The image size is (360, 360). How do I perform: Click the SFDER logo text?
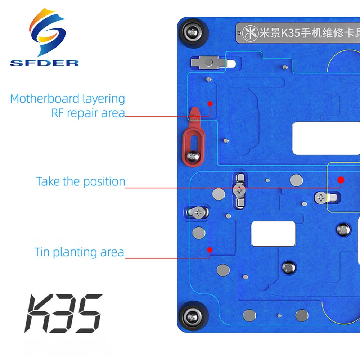pos(44,63)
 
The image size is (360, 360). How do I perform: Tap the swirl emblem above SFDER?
pos(48,32)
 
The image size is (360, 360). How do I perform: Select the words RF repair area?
pos(88,113)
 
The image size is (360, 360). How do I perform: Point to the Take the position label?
pos(81,181)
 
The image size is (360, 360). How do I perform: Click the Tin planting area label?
pos(79,252)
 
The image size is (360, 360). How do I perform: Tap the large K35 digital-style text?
pos(64,314)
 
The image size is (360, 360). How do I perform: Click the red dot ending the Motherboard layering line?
pos(210,104)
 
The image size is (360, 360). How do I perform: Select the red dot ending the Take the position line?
pos(341,180)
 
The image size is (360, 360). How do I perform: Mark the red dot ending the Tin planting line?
pos(210,250)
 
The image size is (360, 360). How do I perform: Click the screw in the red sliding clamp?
pos(193,157)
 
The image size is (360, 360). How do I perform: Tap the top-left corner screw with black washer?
pos(193,32)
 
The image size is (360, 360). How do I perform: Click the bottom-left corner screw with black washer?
pos(193,318)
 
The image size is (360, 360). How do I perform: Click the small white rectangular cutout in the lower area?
pos(273,234)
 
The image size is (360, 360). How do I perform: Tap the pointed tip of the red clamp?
pos(195,108)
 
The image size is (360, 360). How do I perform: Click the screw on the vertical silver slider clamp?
pos(239,190)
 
